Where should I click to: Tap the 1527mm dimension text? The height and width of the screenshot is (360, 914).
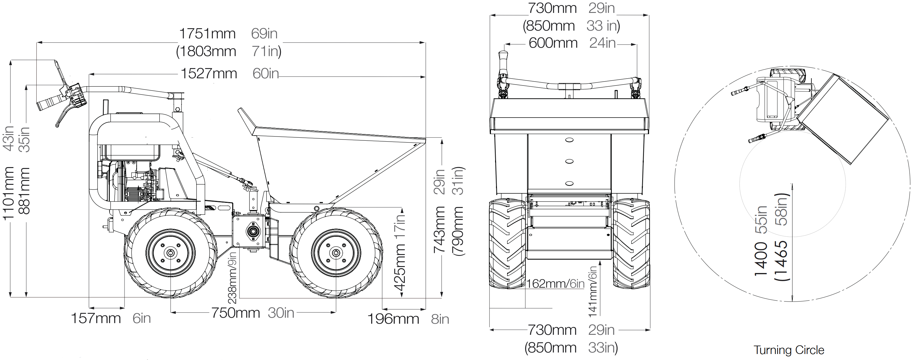point(209,74)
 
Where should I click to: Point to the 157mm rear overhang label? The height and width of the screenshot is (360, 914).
point(96,318)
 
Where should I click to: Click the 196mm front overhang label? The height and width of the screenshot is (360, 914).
point(393,319)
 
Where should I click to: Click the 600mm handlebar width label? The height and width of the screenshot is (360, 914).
point(553,43)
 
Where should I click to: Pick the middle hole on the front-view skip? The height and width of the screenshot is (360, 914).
point(569,161)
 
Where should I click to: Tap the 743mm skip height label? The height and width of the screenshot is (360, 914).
point(440,230)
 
